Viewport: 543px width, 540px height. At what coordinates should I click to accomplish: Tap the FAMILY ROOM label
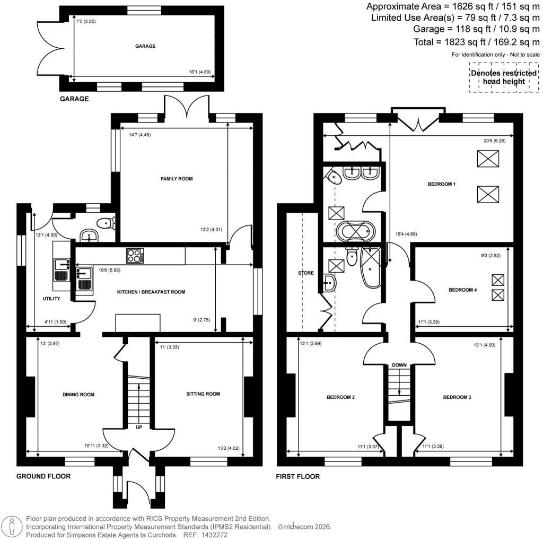[177, 179]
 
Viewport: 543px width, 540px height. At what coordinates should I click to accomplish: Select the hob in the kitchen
[136, 256]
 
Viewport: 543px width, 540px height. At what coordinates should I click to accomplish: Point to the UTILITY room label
[51, 299]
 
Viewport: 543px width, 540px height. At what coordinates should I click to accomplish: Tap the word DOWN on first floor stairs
[399, 365]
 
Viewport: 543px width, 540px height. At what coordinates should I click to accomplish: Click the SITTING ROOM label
[203, 394]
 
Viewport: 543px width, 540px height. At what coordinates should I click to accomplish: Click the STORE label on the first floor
[306, 273]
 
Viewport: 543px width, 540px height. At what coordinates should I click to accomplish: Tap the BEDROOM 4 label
[462, 290]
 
